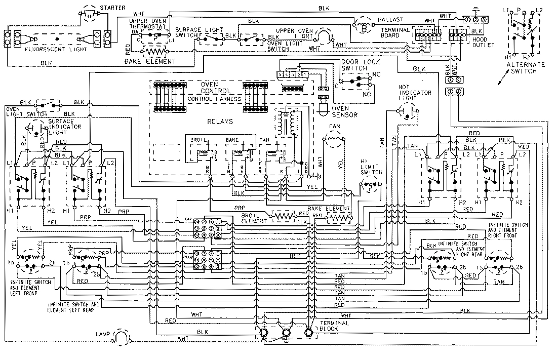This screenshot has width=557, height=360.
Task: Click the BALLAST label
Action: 390,19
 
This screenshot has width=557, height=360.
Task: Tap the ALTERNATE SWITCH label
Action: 526,68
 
